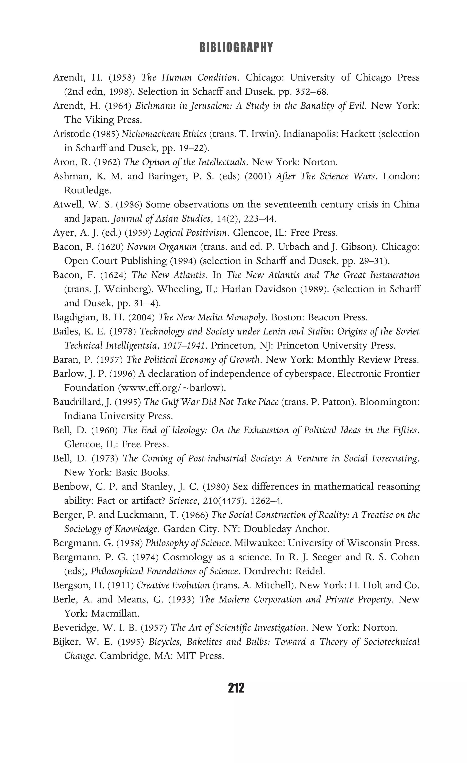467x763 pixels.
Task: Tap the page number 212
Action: [x=236, y=688]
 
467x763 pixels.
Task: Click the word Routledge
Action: [x=87, y=190]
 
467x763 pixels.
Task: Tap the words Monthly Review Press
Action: [x=368, y=360]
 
